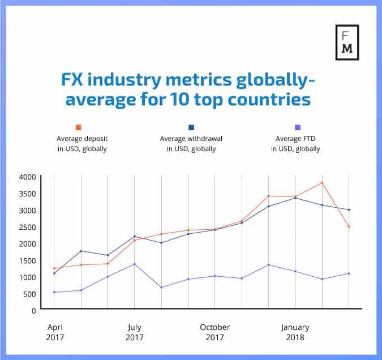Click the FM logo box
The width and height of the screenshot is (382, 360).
tap(347, 42)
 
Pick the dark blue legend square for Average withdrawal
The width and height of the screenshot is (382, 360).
tap(192, 127)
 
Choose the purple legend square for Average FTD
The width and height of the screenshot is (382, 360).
tap(298, 127)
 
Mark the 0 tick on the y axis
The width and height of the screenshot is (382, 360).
tap(33, 310)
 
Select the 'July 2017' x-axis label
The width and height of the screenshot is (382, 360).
tap(134, 332)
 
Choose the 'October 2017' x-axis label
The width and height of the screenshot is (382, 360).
tap(214, 332)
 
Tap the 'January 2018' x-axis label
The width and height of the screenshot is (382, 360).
tap(295, 332)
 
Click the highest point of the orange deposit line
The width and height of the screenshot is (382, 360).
tap(322, 183)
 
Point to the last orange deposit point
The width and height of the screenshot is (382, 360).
tap(349, 227)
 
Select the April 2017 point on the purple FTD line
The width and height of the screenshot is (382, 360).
tap(54, 292)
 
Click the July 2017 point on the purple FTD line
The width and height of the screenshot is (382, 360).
tap(134, 264)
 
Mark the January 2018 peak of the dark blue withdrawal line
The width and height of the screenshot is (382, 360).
tap(295, 198)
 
